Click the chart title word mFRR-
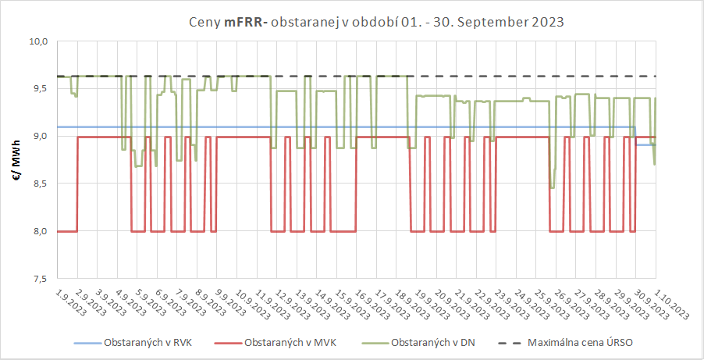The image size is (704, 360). pos(245,22)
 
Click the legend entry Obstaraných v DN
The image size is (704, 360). pos(432,343)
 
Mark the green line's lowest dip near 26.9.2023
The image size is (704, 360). pos(552,187)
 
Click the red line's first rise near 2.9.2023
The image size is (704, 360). pos(77,184)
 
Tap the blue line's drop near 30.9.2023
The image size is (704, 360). pos(635,136)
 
